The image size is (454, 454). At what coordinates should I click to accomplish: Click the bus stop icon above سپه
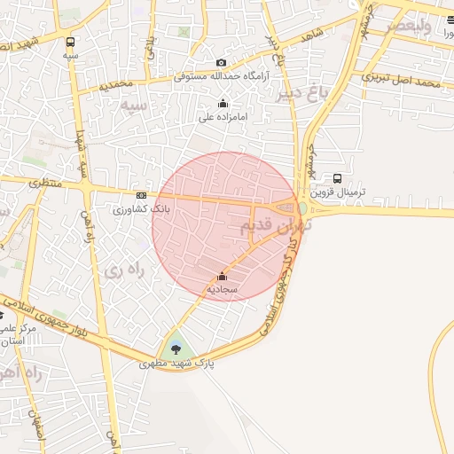point(70,41)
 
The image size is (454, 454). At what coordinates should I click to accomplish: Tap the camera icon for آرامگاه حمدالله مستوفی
point(221,63)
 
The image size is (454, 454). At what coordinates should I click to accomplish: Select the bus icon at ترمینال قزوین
point(337,178)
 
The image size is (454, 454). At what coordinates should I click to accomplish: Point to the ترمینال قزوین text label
point(337,192)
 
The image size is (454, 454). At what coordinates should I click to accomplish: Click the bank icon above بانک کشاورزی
point(141,196)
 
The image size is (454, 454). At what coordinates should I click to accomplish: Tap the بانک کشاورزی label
point(140,209)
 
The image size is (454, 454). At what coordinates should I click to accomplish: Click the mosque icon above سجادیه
point(222,276)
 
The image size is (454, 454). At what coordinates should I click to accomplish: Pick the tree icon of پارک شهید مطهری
point(176,347)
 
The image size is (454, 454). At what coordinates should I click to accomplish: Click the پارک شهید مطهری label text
point(177,363)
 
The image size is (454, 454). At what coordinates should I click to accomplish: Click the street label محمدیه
point(116,84)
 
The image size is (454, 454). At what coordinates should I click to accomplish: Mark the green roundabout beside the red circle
point(302,208)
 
